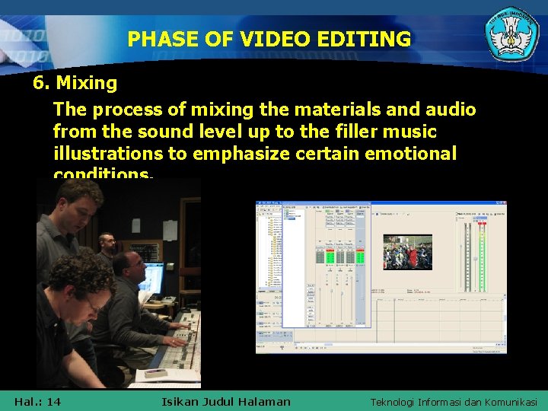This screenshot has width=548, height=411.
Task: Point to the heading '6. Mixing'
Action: click(75, 82)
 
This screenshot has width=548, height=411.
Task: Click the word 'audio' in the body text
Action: click(451, 110)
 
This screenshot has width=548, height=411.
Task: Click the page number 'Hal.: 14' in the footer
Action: click(37, 401)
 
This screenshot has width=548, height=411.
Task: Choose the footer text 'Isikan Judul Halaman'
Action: click(226, 401)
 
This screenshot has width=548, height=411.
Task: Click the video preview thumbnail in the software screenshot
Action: click(407, 252)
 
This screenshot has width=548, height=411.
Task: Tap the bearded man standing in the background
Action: click(108, 246)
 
